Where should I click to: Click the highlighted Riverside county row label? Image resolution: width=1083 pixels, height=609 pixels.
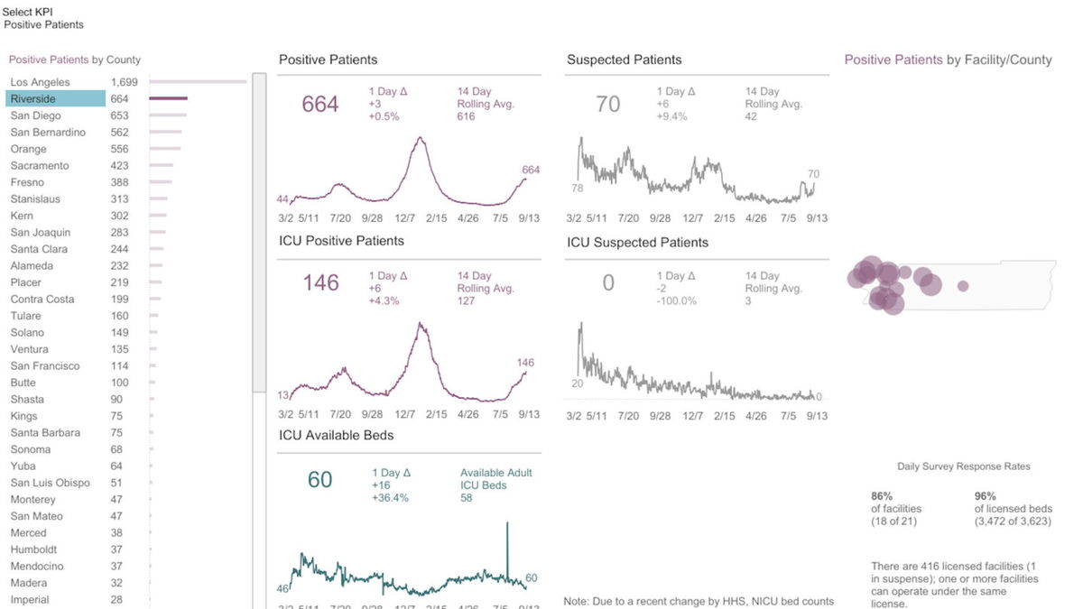(x=32, y=98)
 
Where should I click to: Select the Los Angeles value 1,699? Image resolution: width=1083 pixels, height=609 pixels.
(x=124, y=82)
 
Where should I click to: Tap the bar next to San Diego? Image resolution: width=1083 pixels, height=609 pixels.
(x=168, y=115)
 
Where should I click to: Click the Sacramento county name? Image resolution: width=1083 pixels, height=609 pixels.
(x=40, y=166)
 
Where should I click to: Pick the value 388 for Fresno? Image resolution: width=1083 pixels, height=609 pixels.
(x=119, y=182)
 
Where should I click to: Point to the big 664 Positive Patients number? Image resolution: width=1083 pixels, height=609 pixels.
(x=320, y=105)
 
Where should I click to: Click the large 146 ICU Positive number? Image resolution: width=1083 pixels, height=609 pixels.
(x=320, y=283)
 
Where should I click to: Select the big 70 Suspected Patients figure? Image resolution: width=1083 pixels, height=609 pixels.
(x=608, y=105)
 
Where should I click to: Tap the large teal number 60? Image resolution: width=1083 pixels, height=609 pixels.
(x=320, y=480)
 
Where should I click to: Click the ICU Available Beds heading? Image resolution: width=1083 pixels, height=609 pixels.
(x=336, y=435)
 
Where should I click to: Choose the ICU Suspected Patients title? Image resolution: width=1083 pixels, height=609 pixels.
(x=637, y=243)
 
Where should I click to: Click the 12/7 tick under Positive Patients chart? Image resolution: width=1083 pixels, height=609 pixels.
(x=405, y=218)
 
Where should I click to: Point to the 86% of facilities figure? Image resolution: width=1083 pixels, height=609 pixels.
(x=882, y=496)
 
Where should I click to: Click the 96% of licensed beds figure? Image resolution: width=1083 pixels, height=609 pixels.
(x=985, y=496)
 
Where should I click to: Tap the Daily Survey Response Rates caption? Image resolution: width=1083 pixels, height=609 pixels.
(x=963, y=466)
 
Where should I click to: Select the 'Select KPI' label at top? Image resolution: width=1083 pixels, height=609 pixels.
(x=28, y=12)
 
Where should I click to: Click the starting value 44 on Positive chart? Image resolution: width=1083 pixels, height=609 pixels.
(x=282, y=199)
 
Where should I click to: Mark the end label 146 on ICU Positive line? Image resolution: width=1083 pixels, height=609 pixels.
(x=525, y=363)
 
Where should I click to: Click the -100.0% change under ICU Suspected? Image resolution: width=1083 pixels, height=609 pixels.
(x=676, y=301)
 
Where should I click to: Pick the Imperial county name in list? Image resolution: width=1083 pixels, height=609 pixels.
(x=30, y=600)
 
